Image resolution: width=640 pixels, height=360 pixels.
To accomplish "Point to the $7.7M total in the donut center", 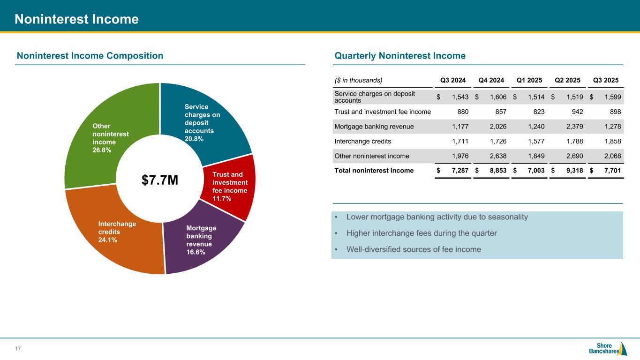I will click(x=160, y=180).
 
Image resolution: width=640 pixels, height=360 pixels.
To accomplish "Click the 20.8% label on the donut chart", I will click(x=194, y=139).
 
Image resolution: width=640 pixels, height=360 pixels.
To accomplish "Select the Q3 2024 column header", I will click(x=453, y=80).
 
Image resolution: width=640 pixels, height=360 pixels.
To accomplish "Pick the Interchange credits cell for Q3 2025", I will click(x=610, y=141).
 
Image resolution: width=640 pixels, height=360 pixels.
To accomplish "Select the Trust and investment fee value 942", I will click(x=576, y=112).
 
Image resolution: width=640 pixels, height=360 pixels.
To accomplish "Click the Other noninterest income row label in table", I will click(x=371, y=156).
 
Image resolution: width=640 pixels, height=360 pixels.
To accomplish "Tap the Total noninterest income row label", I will click(x=374, y=171).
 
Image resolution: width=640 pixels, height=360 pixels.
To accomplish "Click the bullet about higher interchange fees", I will click(x=422, y=233).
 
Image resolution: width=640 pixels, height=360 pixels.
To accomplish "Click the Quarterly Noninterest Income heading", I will click(x=400, y=56).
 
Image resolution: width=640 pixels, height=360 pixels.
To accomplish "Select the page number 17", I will click(x=18, y=349).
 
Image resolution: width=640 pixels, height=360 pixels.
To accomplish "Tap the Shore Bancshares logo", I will click(x=608, y=349).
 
